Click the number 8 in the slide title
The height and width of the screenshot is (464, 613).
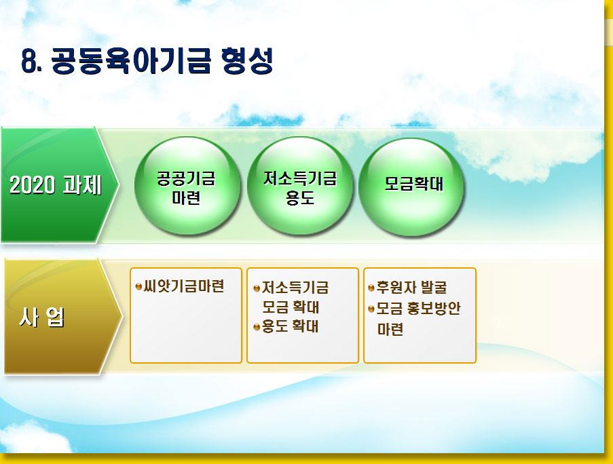point(30,61)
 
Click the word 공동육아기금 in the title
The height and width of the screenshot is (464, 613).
point(131,61)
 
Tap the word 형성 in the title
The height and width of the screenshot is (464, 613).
point(247,61)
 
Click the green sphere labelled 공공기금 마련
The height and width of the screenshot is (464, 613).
point(187,186)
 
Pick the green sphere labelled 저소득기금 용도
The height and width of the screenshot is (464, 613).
point(300,186)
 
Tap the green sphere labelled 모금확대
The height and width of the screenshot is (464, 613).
point(411,187)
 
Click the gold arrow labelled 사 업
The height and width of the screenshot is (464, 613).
point(62,317)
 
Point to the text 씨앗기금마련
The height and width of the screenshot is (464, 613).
point(184,286)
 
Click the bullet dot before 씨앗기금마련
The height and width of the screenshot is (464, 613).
point(138,287)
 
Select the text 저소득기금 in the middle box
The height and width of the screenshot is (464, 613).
point(295,288)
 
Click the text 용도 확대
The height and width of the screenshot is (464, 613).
point(290,326)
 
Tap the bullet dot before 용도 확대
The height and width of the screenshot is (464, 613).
point(257,327)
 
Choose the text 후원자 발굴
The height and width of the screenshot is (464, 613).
point(411,288)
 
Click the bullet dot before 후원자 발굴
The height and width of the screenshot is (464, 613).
point(371,288)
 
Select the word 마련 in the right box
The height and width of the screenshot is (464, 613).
point(390,329)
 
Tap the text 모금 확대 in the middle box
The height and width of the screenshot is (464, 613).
point(291,307)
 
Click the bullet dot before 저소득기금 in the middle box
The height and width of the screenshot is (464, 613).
point(257,289)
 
